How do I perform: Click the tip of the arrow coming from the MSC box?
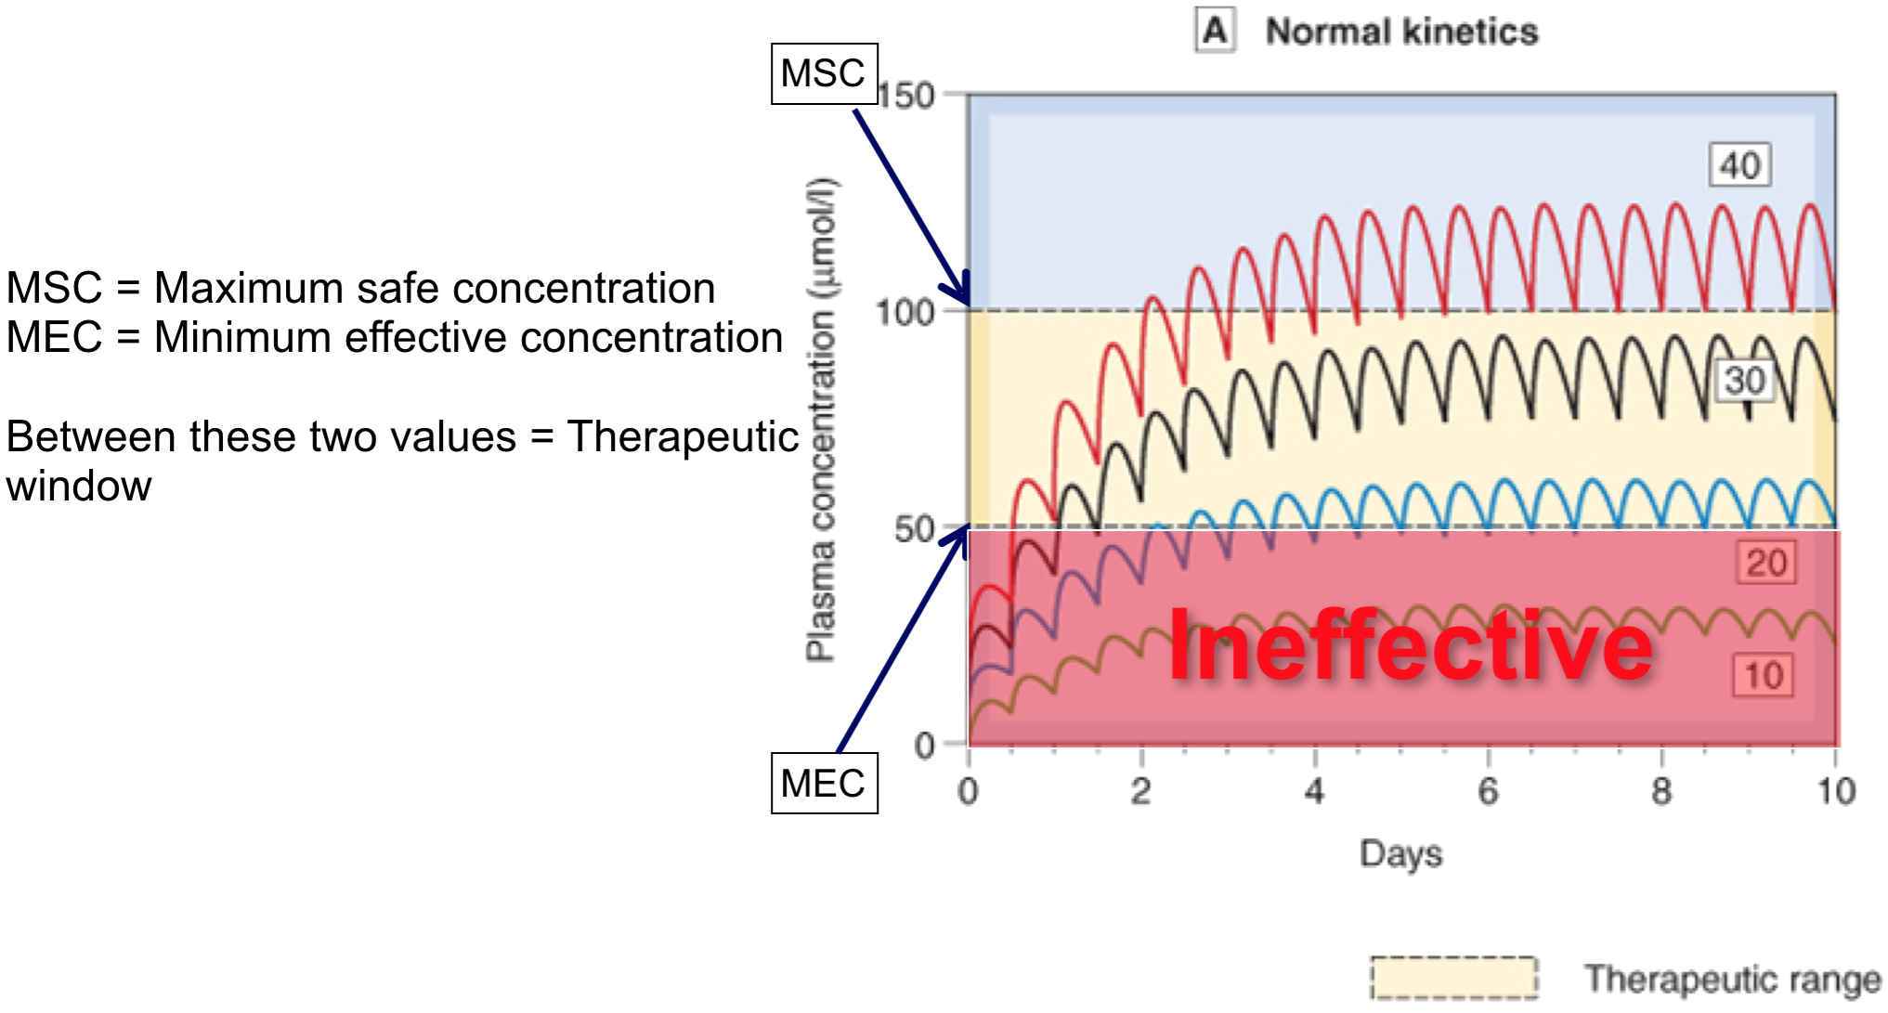[969, 305]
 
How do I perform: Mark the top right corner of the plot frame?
[1836, 94]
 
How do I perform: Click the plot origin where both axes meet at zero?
[969, 744]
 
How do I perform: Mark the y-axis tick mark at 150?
[953, 94]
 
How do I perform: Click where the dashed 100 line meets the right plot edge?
[1836, 310]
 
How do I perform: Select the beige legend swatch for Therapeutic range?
[1454, 978]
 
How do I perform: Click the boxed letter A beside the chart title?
[1215, 31]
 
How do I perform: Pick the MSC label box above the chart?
[824, 73]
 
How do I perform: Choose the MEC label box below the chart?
[824, 783]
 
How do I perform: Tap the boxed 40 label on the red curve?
[1739, 165]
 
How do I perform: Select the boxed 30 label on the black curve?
[1744, 380]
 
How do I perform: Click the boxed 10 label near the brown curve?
[1762, 675]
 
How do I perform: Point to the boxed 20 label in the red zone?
[1765, 562]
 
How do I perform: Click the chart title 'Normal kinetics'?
[1402, 32]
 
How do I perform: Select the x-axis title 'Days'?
[1401, 853]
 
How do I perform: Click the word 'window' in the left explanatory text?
[80, 486]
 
